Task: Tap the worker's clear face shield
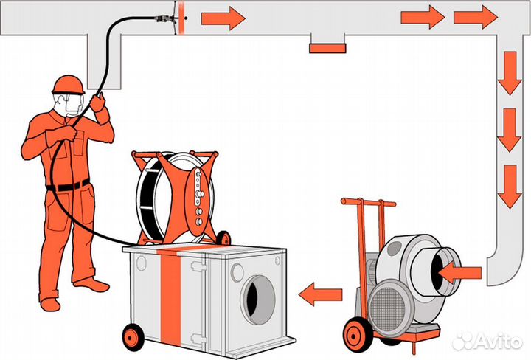(72, 105)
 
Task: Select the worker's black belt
(70, 185)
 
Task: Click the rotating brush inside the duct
(177, 16)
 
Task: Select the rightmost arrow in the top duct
(476, 16)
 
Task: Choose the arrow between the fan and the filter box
(323, 295)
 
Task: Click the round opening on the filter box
(259, 299)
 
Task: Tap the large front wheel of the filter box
(133, 336)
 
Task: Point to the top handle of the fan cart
(368, 201)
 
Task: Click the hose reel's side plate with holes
(198, 195)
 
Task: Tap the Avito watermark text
(494, 340)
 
